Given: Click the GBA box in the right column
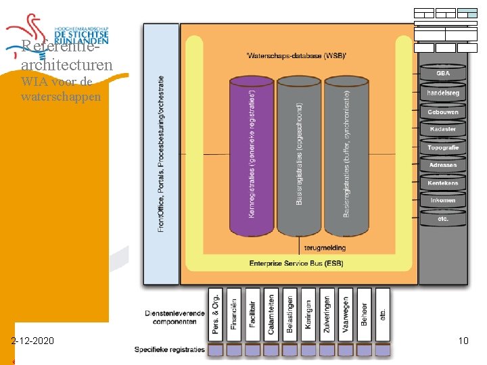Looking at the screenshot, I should click(443, 73).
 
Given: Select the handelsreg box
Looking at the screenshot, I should click(443, 92).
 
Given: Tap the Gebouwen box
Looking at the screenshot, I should click(443, 112).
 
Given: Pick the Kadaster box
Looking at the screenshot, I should click(443, 129).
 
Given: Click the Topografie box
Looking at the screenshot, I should click(443, 147).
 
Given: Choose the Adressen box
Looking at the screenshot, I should click(443, 165).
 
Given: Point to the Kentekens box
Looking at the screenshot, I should click(443, 183).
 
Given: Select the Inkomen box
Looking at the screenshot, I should click(443, 200).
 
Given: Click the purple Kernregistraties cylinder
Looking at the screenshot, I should click(252, 155).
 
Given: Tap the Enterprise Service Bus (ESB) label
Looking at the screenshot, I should click(296, 263).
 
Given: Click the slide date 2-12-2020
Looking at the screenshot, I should click(33, 341).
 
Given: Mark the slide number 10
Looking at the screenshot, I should click(463, 341).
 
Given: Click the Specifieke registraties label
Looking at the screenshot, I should click(169, 349).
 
